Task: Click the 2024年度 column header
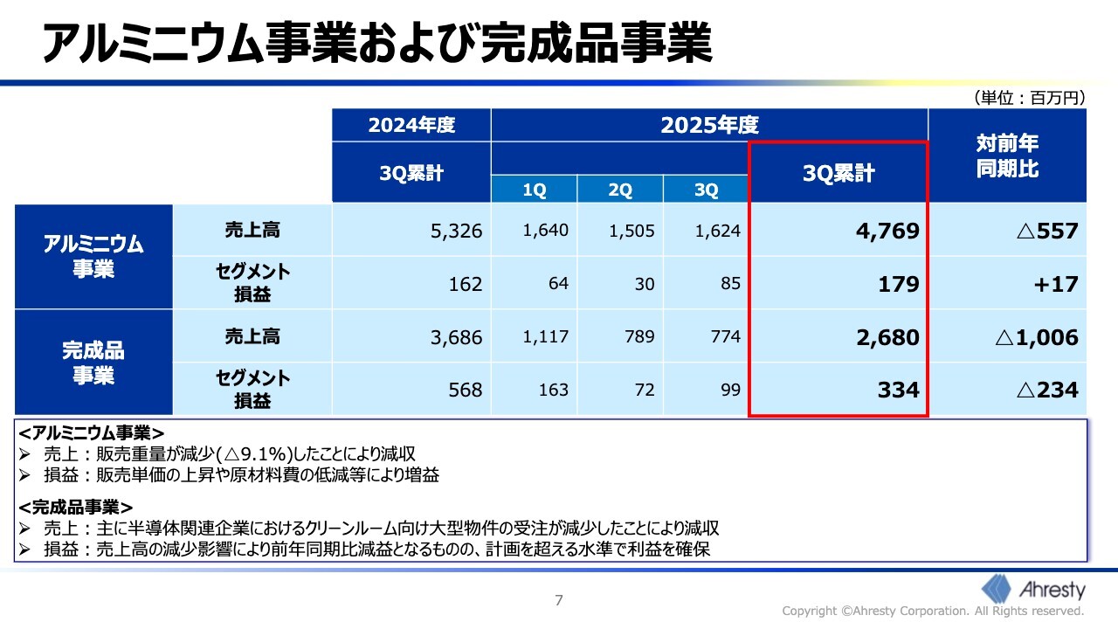click(x=411, y=125)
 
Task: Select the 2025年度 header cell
click(x=708, y=125)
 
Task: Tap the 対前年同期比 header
click(x=1007, y=156)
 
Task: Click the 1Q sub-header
click(x=534, y=190)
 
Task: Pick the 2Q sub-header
click(x=619, y=190)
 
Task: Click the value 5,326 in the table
click(x=456, y=232)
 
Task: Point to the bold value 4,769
click(x=887, y=232)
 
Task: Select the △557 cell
click(x=1047, y=232)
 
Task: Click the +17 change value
click(x=1058, y=284)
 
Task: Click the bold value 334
click(x=898, y=390)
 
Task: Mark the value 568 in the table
click(x=465, y=390)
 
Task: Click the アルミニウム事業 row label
click(x=93, y=256)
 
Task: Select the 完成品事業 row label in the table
click(x=93, y=363)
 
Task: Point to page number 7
click(x=559, y=600)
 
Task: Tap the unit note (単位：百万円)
click(x=1028, y=98)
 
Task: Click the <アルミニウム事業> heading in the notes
click(x=91, y=432)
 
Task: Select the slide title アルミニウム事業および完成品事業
click(x=377, y=44)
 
